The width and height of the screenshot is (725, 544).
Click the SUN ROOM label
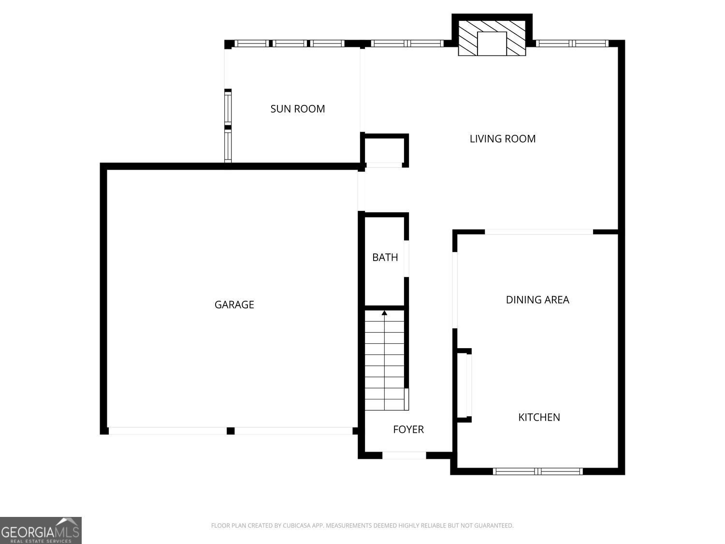click(298, 109)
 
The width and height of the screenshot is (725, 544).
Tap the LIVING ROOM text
click(502, 139)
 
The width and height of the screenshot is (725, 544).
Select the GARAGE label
click(234, 305)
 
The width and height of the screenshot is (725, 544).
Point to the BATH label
click(385, 257)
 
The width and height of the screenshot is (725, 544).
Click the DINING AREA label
click(537, 300)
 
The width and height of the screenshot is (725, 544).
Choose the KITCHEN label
click(539, 417)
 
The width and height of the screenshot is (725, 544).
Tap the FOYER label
click(408, 429)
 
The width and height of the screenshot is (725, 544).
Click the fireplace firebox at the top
click(492, 44)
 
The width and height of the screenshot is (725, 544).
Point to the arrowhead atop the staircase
click(384, 312)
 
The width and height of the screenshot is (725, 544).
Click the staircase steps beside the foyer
click(384, 360)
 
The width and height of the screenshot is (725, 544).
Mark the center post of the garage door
click(231, 431)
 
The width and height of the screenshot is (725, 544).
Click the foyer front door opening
click(404, 456)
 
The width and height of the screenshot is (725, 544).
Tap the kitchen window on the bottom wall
click(538, 471)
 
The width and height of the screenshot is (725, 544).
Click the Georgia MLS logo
click(41, 530)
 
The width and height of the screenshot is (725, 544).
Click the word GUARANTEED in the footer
click(494, 526)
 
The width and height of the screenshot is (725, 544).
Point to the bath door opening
click(406, 259)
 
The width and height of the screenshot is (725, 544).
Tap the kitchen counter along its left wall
click(464, 385)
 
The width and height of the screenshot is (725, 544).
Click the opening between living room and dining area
click(539, 232)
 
